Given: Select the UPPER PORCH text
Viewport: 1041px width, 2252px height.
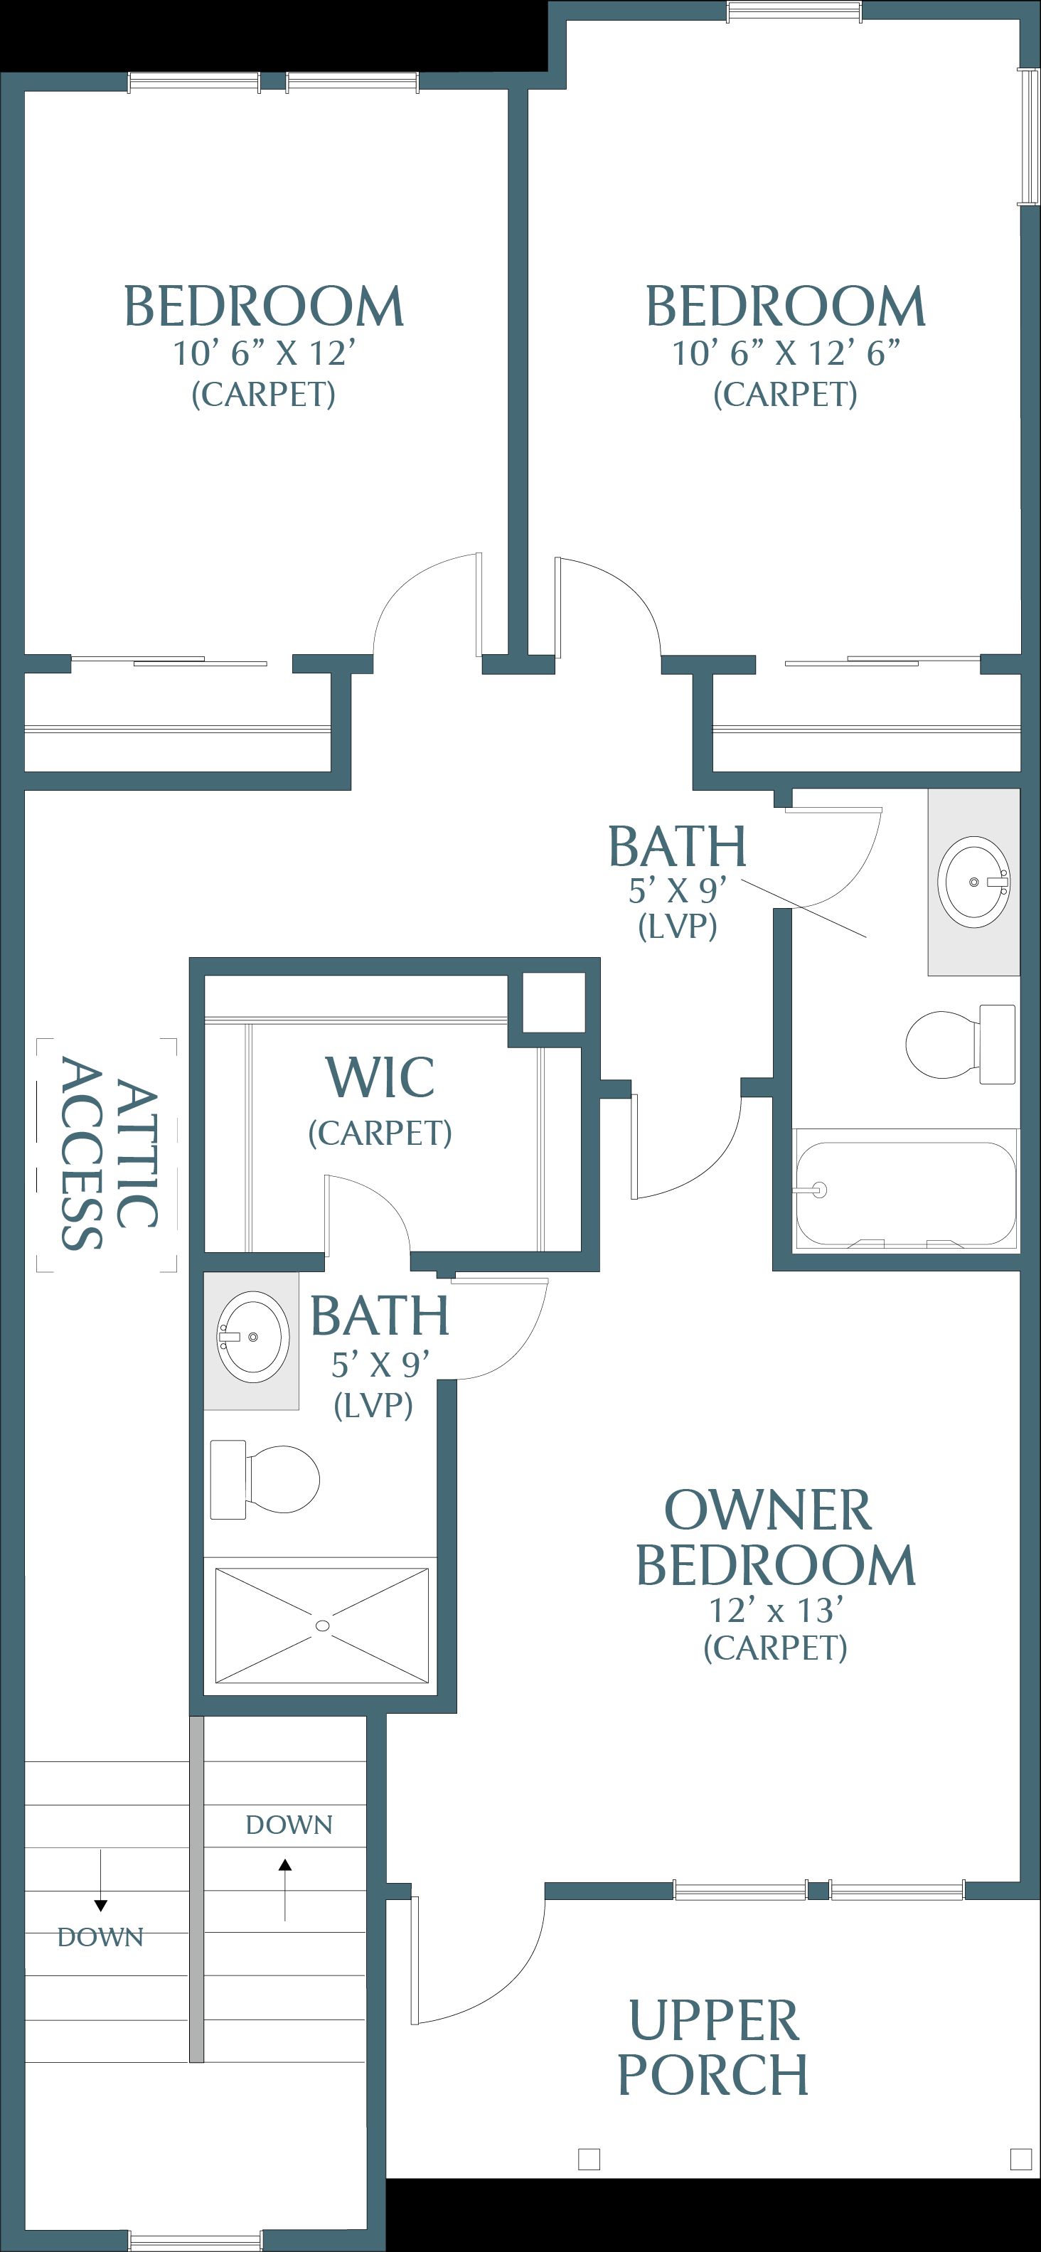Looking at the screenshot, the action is click(712, 2046).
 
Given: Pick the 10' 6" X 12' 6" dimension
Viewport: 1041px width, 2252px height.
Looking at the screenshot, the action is click(786, 353).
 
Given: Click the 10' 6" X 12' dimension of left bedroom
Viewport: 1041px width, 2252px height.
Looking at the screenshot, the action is click(264, 353).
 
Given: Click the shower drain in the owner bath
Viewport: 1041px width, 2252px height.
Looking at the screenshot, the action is click(323, 1626).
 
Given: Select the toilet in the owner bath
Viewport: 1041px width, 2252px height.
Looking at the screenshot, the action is click(265, 1479).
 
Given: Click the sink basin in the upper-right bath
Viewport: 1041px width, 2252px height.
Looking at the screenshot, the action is click(973, 880).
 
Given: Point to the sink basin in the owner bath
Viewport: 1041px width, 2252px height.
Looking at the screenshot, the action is click(252, 1337).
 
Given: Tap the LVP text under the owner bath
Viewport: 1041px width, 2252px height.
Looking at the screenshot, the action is click(373, 1405).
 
